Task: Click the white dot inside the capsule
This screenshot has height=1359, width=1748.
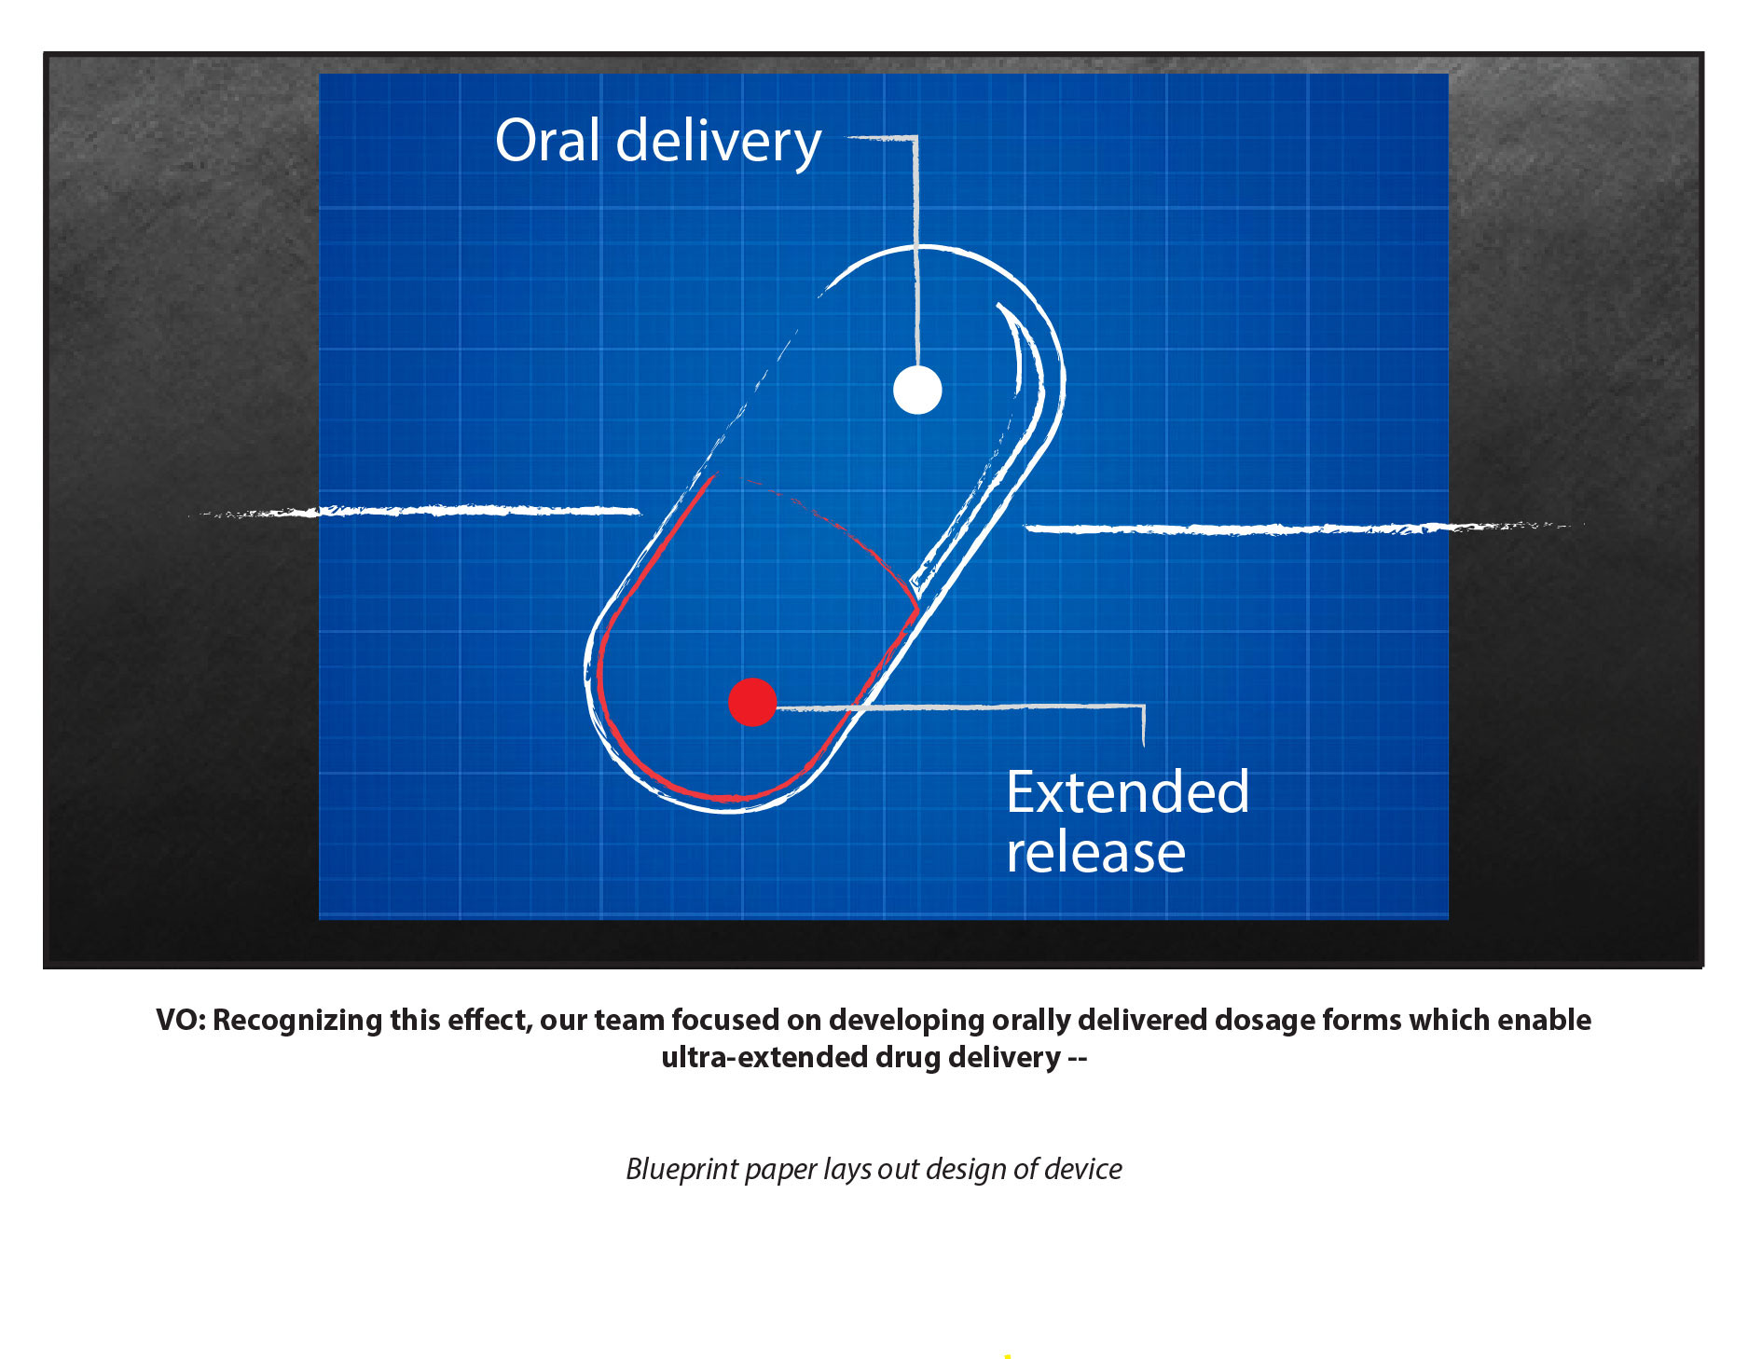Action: pos(917,390)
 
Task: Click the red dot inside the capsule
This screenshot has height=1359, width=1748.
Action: pos(752,702)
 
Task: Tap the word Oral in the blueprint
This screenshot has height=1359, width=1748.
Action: pos(547,141)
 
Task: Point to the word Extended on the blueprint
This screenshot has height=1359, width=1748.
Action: pos(1127,792)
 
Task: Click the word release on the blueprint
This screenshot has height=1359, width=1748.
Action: pos(1095,852)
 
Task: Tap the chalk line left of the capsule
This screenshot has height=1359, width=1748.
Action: pos(415,511)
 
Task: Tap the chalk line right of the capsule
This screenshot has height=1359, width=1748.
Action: pos(1303,528)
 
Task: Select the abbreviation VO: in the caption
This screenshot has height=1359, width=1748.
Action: pos(181,1020)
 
